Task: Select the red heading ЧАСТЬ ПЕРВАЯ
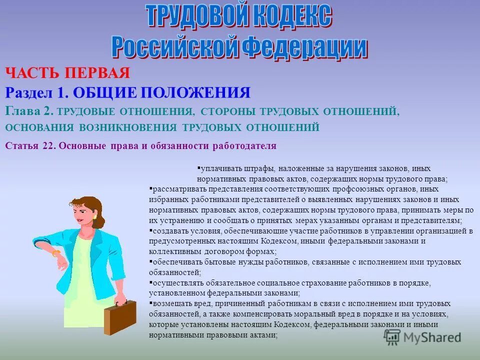coord(67,73)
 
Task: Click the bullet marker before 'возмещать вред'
coord(150,303)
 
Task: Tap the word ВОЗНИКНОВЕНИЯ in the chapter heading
coord(128,127)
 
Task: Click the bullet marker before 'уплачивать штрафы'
coord(198,168)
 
